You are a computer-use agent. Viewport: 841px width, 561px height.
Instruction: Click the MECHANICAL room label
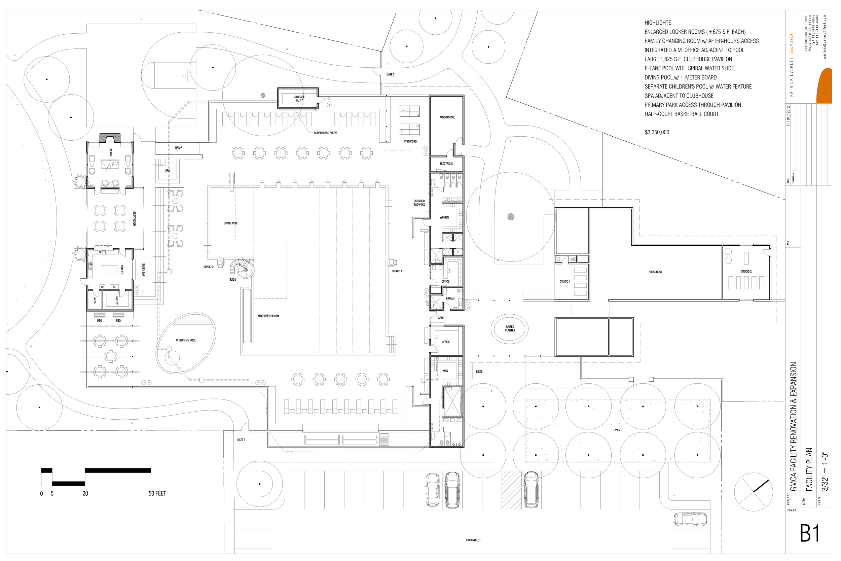coord(447,117)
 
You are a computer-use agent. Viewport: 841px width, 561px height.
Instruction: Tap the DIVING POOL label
coord(231,223)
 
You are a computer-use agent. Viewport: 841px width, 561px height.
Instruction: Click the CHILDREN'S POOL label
coord(186,340)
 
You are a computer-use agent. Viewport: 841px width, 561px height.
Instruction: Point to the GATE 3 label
coord(390,74)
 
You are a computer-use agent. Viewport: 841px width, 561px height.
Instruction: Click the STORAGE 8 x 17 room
coord(299,98)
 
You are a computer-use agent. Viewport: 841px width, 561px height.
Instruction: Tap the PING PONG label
coord(410,141)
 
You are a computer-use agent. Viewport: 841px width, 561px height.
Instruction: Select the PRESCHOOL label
coord(655,272)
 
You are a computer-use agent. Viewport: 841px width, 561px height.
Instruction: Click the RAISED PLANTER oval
coord(510,328)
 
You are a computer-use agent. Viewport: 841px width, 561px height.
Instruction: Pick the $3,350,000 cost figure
coord(657,132)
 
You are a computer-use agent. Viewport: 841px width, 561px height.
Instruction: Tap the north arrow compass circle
coord(753,492)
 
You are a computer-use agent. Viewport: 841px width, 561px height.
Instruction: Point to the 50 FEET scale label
coord(157,493)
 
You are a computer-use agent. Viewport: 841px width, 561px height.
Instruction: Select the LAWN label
coord(616,430)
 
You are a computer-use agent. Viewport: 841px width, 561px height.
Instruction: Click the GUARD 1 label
coord(397,271)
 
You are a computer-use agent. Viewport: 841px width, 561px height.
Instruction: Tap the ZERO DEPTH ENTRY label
coord(268,316)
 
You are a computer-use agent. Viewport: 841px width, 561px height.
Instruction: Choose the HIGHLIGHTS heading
coord(658,23)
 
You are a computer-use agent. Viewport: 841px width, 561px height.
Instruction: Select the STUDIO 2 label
coord(746,272)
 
